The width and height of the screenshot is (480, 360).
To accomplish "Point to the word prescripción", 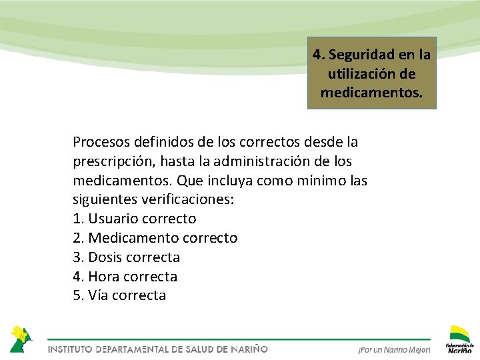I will [x=112, y=161].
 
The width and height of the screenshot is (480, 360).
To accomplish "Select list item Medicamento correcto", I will [x=155, y=238].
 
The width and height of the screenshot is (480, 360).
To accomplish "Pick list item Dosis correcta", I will [x=127, y=257].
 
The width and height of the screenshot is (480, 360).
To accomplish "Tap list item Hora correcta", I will [x=125, y=276].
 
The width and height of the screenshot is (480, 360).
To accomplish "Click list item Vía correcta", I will [x=119, y=295].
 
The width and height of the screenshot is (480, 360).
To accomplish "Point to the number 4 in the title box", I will [x=317, y=53].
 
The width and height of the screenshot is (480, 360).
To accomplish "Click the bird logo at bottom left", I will [x=20, y=338].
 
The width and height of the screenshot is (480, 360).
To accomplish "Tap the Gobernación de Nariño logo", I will [x=460, y=339].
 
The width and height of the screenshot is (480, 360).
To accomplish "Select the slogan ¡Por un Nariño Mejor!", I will [x=394, y=350].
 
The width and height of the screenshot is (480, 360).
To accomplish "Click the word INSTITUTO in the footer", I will [x=70, y=349].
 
